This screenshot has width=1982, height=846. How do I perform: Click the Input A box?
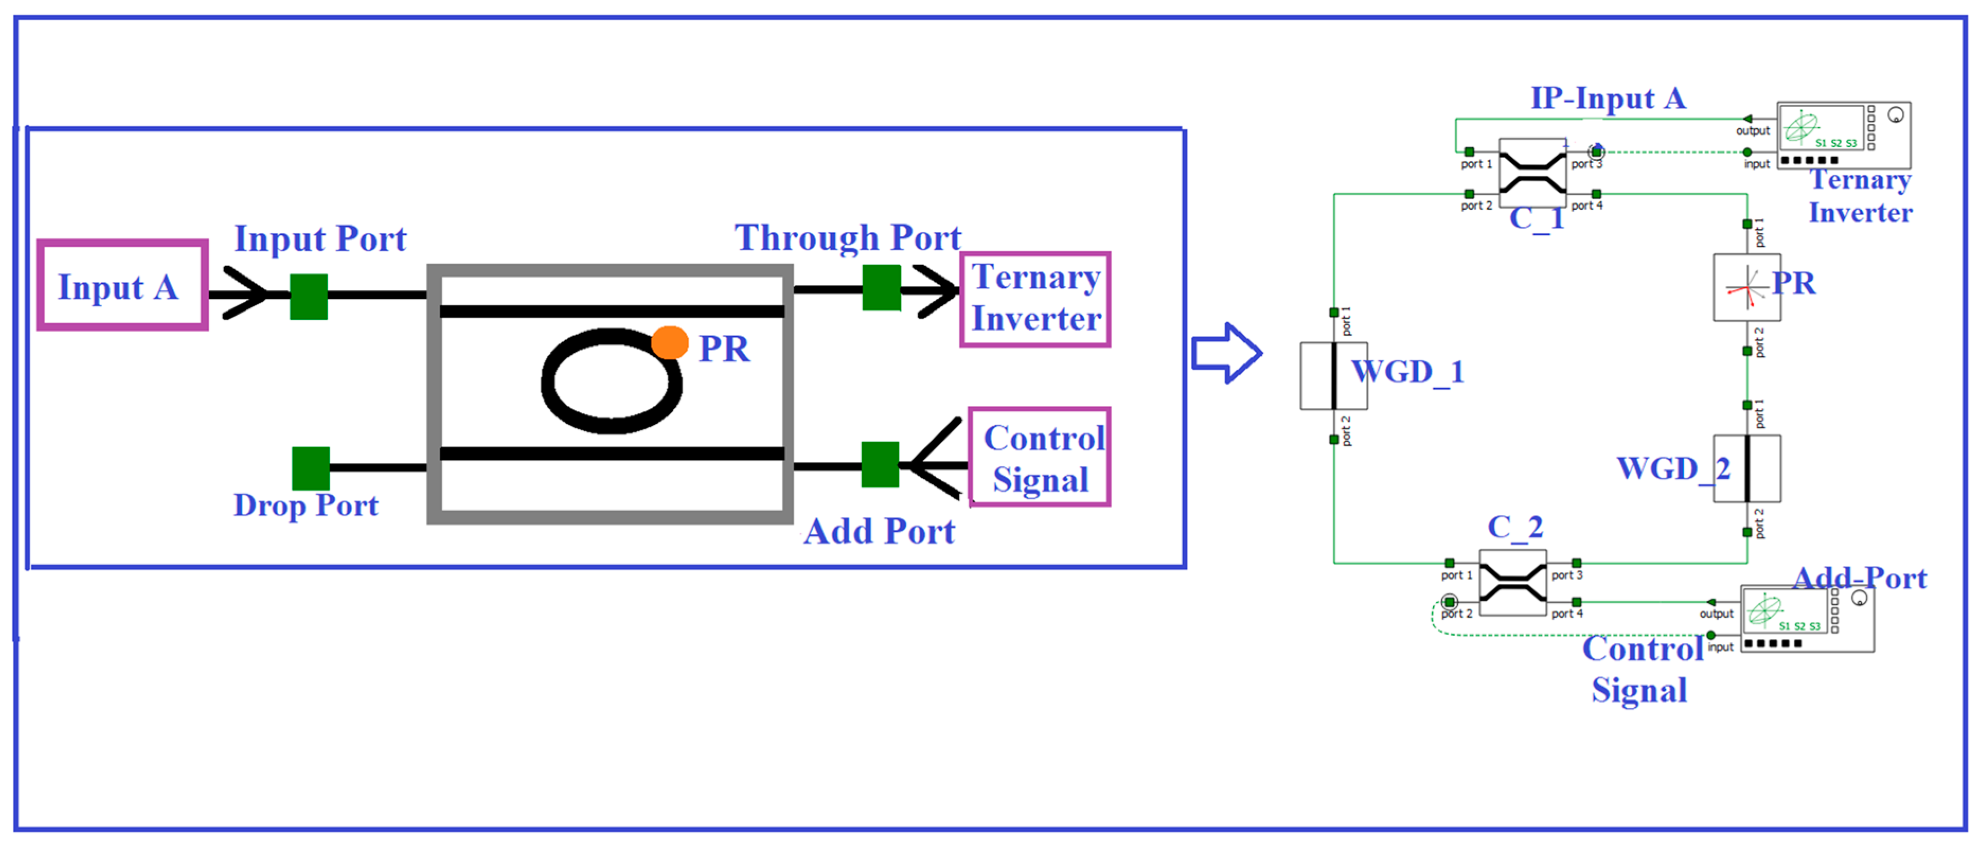tap(122, 286)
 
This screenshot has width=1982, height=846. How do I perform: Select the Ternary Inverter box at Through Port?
tap(1035, 299)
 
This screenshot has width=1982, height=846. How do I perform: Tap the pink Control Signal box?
tap(1040, 457)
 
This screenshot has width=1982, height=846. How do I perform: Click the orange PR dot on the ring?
tap(669, 343)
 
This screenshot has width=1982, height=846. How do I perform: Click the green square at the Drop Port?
tap(311, 468)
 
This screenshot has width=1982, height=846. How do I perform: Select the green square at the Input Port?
tap(309, 296)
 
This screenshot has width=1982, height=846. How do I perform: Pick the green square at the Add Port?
tap(879, 464)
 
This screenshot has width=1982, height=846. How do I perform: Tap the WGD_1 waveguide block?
tap(1333, 376)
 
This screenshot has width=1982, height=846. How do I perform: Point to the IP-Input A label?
tap(1608, 98)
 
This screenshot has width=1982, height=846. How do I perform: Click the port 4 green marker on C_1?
tap(1596, 194)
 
